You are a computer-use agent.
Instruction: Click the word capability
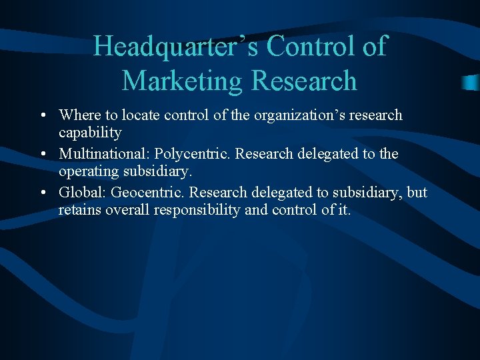click(x=90, y=132)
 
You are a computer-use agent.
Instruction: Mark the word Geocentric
click(x=147, y=193)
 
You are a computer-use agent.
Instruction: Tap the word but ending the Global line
click(x=417, y=193)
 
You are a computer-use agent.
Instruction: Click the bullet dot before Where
click(x=43, y=116)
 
